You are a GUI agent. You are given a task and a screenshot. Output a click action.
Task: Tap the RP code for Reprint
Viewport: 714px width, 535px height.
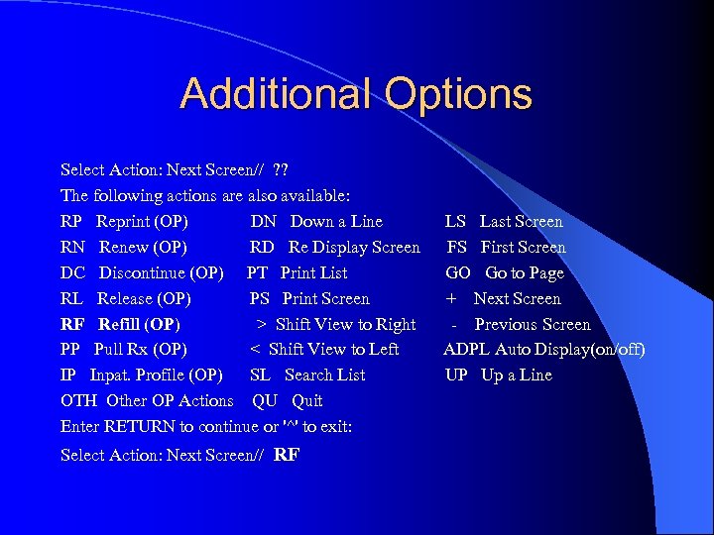(x=72, y=222)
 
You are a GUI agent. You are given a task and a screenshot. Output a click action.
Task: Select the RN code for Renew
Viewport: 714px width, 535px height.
(x=73, y=248)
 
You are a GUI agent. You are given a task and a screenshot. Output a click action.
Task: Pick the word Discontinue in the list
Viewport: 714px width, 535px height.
(x=142, y=273)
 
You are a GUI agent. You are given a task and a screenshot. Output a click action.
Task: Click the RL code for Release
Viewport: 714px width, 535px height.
(x=71, y=299)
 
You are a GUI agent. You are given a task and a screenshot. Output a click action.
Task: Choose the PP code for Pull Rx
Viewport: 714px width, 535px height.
(x=71, y=349)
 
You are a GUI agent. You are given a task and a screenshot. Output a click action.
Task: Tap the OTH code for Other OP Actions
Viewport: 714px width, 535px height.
(x=78, y=401)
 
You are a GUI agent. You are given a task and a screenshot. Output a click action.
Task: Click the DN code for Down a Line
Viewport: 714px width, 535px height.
(x=263, y=222)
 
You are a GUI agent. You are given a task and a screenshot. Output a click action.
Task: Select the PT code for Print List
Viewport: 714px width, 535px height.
(x=258, y=273)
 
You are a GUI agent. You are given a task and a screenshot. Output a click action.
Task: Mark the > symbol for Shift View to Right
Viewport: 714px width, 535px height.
(x=262, y=325)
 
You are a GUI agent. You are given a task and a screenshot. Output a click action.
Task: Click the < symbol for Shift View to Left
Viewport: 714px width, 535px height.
(x=256, y=349)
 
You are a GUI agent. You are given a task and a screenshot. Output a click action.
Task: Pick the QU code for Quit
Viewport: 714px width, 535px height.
(x=265, y=401)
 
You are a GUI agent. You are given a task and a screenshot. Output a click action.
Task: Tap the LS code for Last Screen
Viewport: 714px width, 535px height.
(x=455, y=222)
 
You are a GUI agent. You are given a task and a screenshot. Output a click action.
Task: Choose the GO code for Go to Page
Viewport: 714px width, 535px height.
(x=458, y=273)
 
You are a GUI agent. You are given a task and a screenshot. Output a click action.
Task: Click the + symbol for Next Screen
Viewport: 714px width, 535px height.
(x=451, y=299)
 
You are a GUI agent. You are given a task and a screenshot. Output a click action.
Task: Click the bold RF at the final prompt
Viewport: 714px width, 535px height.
(x=287, y=456)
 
